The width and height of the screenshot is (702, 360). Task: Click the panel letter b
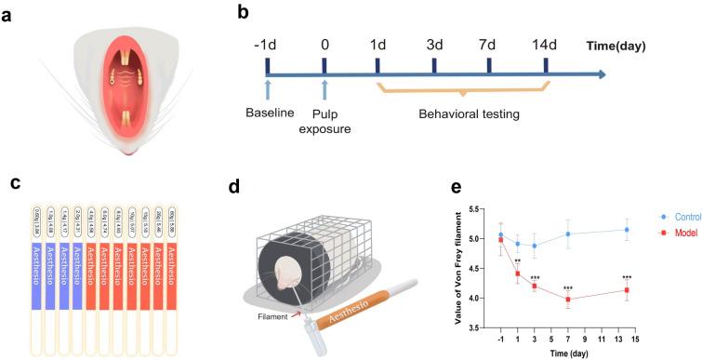click(x=243, y=14)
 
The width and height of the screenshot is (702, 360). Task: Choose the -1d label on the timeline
click(x=266, y=42)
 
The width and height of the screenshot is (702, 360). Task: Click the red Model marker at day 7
click(x=568, y=300)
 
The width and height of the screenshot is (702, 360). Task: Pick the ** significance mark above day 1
click(x=518, y=261)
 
